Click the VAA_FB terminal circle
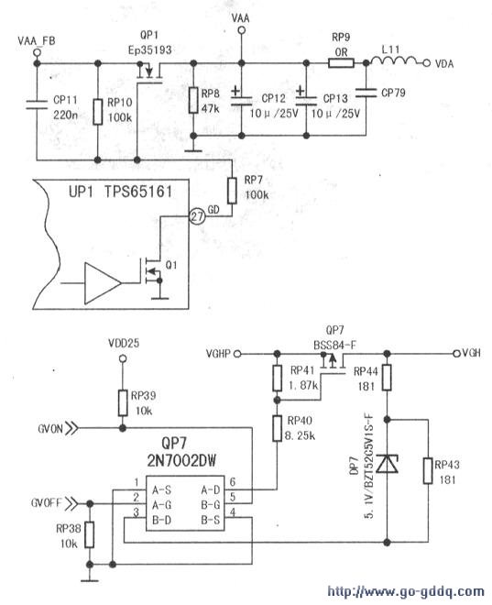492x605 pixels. (x=37, y=52)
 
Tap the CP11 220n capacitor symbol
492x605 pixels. (x=37, y=104)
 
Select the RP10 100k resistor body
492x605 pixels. (x=98, y=112)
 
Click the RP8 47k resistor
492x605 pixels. (x=193, y=101)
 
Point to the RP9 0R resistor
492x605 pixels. (x=341, y=63)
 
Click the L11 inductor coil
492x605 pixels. (x=393, y=61)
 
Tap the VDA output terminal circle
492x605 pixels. (x=426, y=63)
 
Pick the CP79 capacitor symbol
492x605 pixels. (x=366, y=93)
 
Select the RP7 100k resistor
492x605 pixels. (x=232, y=191)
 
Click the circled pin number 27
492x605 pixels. (x=197, y=216)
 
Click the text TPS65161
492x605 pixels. (x=138, y=192)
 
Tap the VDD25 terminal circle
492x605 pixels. (x=123, y=358)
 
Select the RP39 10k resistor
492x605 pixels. (x=123, y=402)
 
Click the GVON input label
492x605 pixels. (x=50, y=429)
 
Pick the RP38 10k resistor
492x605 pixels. (x=90, y=534)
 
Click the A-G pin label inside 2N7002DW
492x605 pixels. (x=161, y=505)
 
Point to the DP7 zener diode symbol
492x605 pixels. (x=388, y=464)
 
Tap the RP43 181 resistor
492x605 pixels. (x=428, y=471)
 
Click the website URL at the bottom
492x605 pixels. (x=406, y=591)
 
